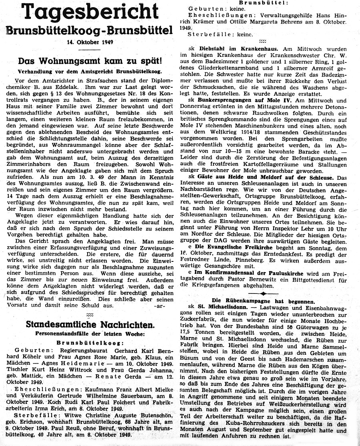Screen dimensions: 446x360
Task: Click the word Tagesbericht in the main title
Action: coord(91,12)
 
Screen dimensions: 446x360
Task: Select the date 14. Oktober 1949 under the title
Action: coord(90,41)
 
